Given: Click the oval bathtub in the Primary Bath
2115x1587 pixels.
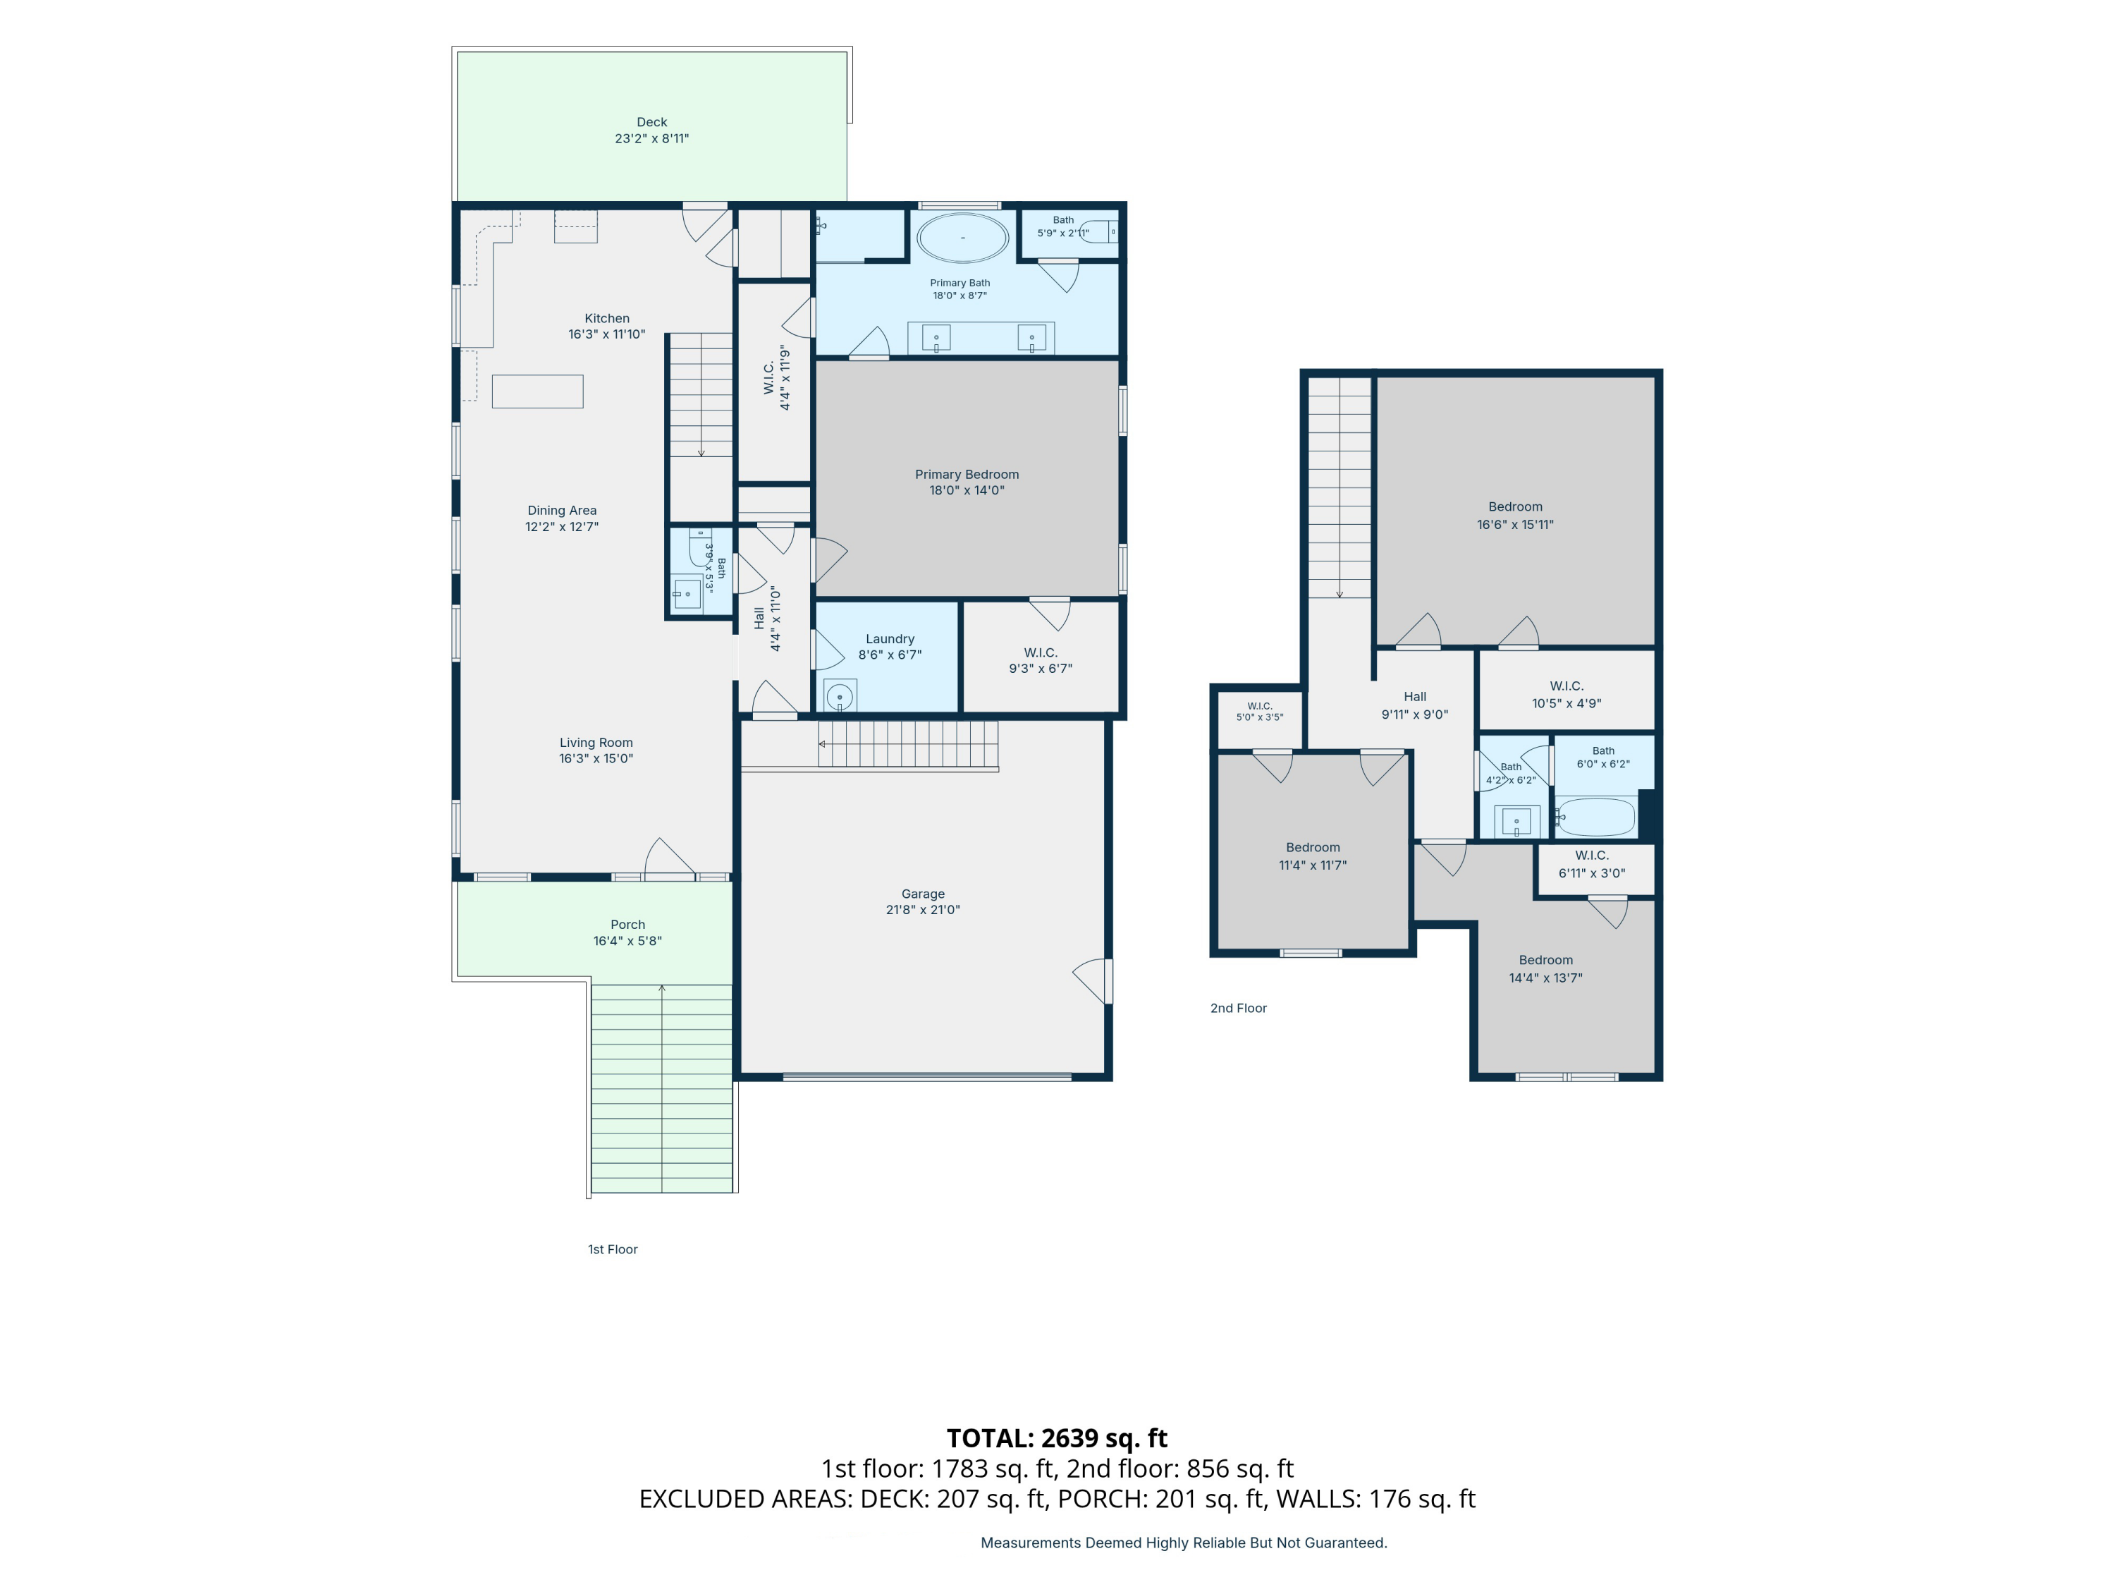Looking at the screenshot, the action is point(962,237).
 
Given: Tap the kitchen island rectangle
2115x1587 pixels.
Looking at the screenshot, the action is point(537,391).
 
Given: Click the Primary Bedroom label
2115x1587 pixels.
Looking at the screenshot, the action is point(967,475).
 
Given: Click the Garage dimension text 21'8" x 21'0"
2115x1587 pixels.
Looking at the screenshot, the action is point(923,910).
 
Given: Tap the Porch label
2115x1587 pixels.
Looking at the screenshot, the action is point(628,924).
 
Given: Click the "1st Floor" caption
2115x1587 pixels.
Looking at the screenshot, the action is point(613,1249).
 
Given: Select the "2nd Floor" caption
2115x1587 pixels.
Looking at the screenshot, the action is point(1238,1008).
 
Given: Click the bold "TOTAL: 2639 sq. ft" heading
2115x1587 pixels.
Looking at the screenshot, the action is point(1057,1437).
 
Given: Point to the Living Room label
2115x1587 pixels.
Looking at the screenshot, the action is point(596,742).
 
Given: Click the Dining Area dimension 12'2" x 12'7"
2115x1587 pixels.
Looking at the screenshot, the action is point(562,527).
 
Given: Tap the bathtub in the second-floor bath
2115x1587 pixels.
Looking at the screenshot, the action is point(1595,817).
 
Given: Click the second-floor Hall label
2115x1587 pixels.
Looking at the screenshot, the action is point(1415,696).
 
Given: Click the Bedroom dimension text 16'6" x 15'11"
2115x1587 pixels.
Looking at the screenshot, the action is point(1516,524).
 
